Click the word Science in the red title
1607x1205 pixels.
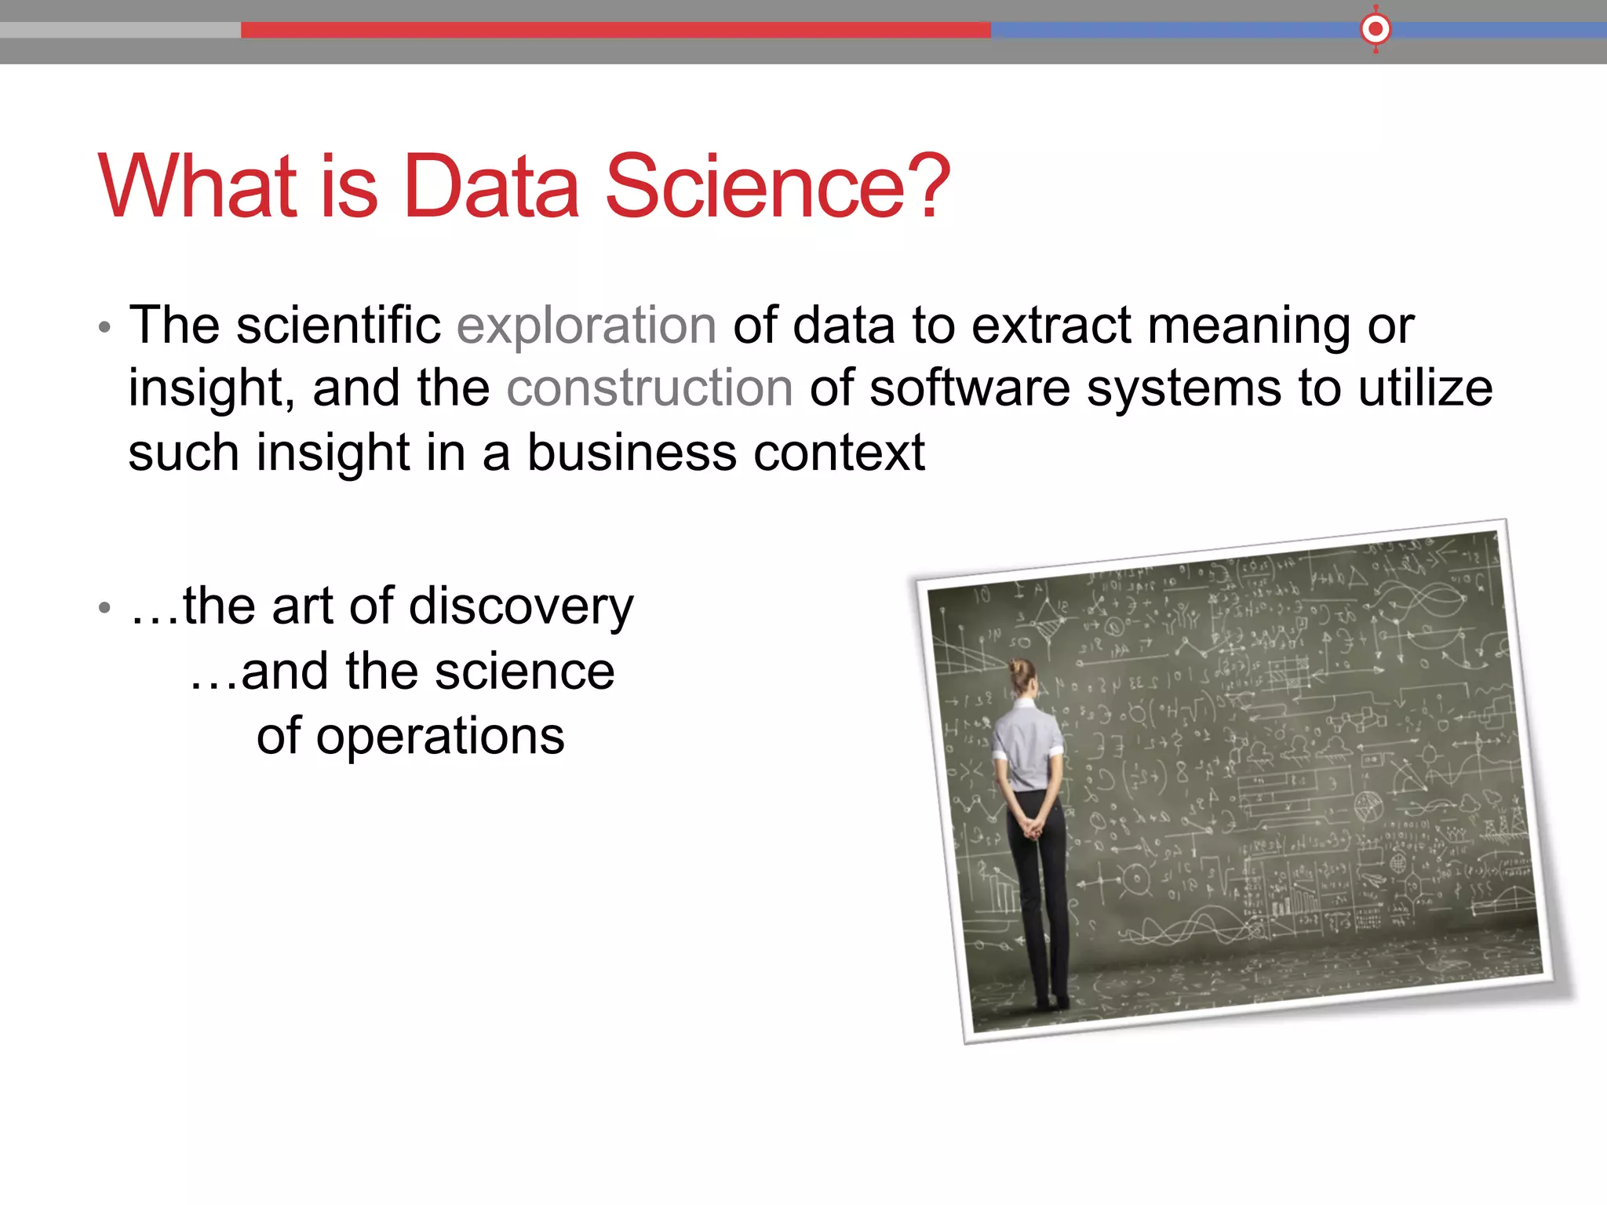(755, 187)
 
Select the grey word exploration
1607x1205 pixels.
(586, 326)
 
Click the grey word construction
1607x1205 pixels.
(650, 388)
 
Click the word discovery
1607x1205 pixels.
(520, 607)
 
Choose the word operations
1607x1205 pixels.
(440, 736)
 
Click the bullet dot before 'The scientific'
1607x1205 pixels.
(104, 327)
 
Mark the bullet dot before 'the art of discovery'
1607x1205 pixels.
(104, 608)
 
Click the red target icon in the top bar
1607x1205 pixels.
(1375, 30)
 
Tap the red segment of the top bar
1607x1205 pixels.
(615, 30)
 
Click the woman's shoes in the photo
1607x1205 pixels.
(1051, 1003)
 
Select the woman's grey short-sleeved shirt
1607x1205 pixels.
(1026, 745)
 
